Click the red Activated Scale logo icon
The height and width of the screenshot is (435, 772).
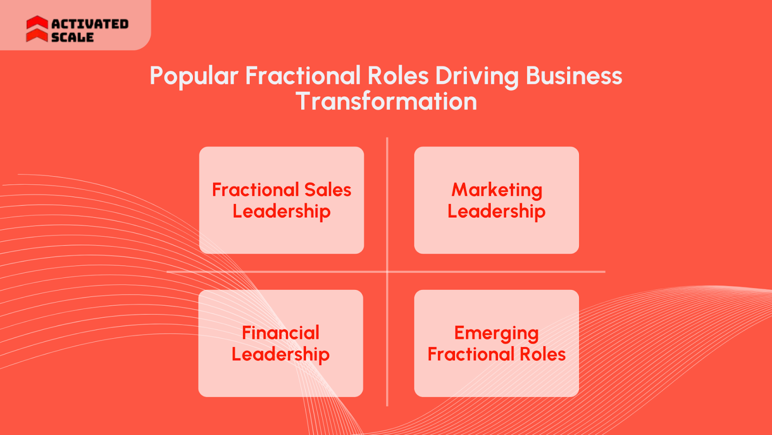coord(37,29)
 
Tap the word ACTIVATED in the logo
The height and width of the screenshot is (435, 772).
coord(90,24)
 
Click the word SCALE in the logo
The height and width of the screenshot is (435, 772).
coord(72,37)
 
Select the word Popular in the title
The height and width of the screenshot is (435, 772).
coord(194,76)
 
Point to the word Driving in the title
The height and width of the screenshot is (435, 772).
coord(477,76)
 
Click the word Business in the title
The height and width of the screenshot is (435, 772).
coord(574,76)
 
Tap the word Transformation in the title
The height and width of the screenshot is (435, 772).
coord(386,101)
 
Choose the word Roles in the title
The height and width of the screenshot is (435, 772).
coord(398,76)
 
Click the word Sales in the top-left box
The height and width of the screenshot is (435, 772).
coord(328,190)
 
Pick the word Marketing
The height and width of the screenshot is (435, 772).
coord(496,190)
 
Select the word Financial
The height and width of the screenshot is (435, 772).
coord(280,333)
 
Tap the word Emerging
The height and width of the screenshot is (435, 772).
coord(496,333)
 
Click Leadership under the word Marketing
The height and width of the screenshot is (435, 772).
coord(496,211)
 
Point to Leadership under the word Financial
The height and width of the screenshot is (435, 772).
coord(280,354)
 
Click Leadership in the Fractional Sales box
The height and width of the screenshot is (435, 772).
coord(281,211)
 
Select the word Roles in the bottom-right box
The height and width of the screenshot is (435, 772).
coord(542,354)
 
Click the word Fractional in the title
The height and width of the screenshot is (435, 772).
coord(303,76)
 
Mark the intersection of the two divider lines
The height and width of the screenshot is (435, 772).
coord(387,272)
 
